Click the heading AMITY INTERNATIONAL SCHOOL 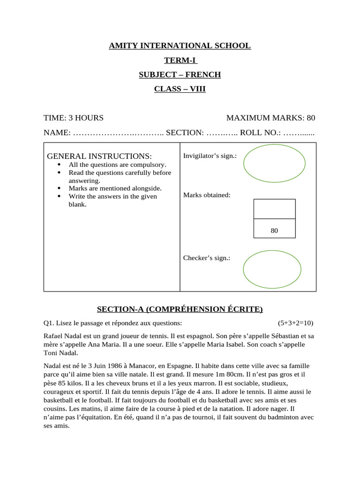180,46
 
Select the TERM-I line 180,60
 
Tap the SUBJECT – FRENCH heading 180,75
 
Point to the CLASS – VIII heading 180,89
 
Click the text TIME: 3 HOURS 74,118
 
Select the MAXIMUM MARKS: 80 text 270,118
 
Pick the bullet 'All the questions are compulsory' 117,165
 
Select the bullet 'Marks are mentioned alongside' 115,188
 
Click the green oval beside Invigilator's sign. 274,163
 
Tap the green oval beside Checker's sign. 272,269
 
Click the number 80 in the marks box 274,231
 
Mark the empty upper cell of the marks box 274,209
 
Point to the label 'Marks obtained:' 207,195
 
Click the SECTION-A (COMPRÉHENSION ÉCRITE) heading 180,309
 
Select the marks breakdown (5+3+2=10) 295,323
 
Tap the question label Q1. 48,323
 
